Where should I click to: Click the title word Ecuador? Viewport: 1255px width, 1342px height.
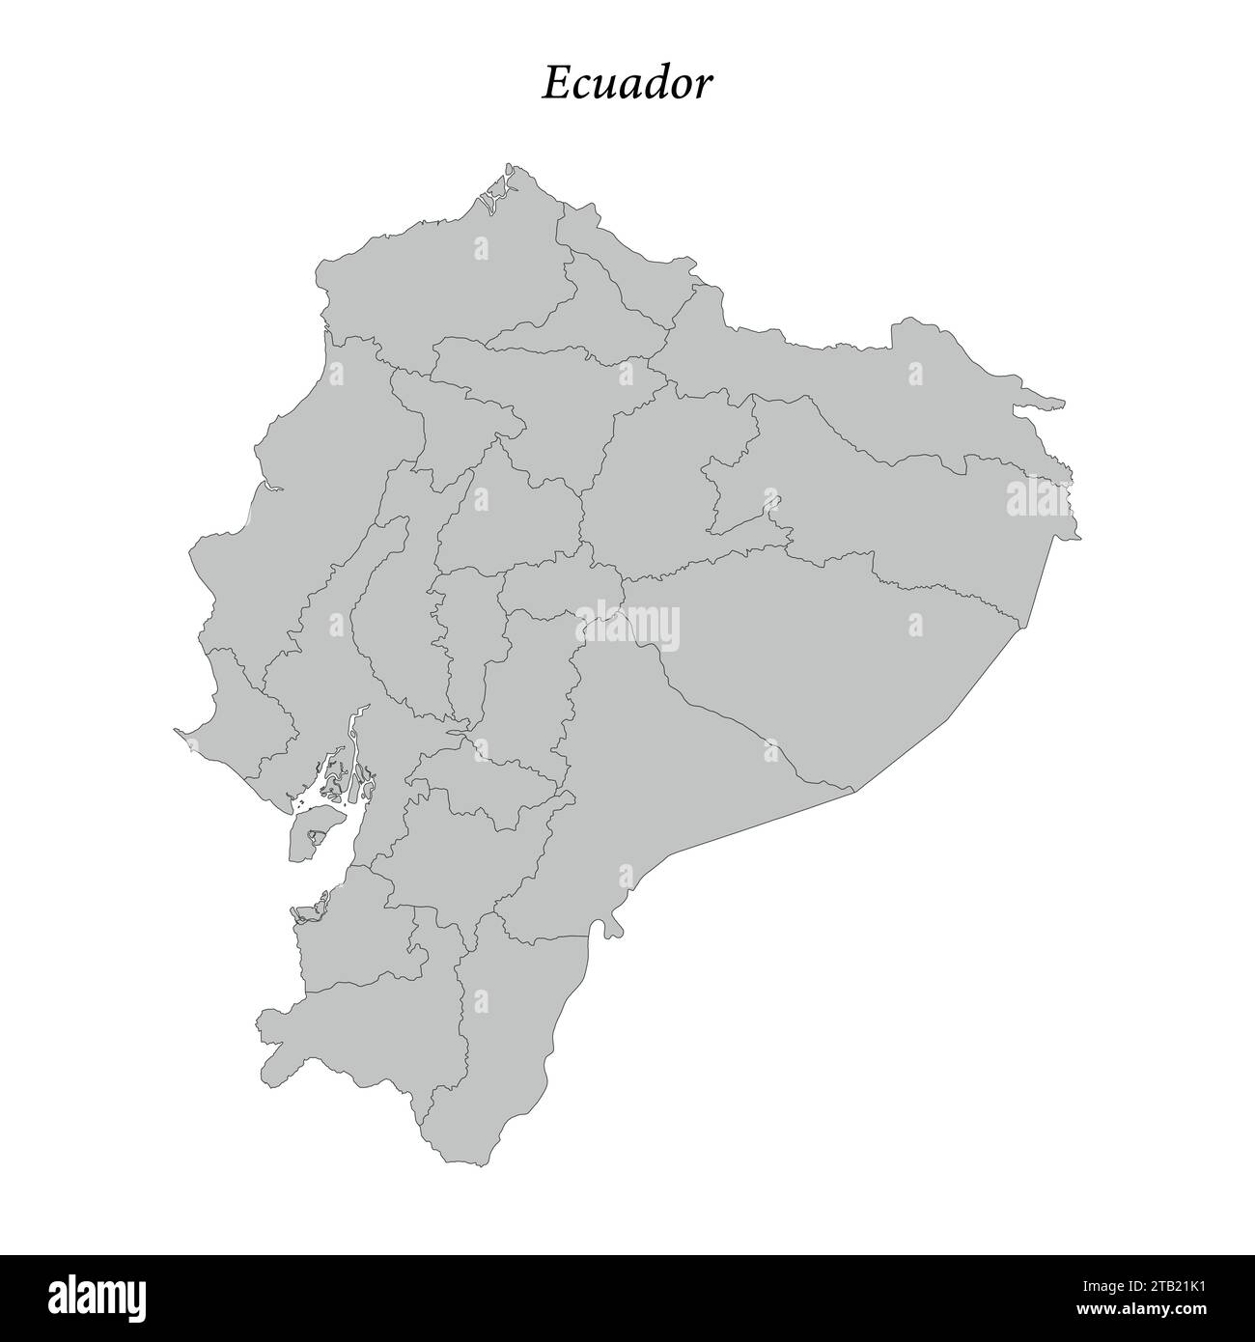click(627, 84)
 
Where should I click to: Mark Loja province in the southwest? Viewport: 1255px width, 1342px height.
click(367, 1043)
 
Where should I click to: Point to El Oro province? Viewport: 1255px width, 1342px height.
click(348, 927)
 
